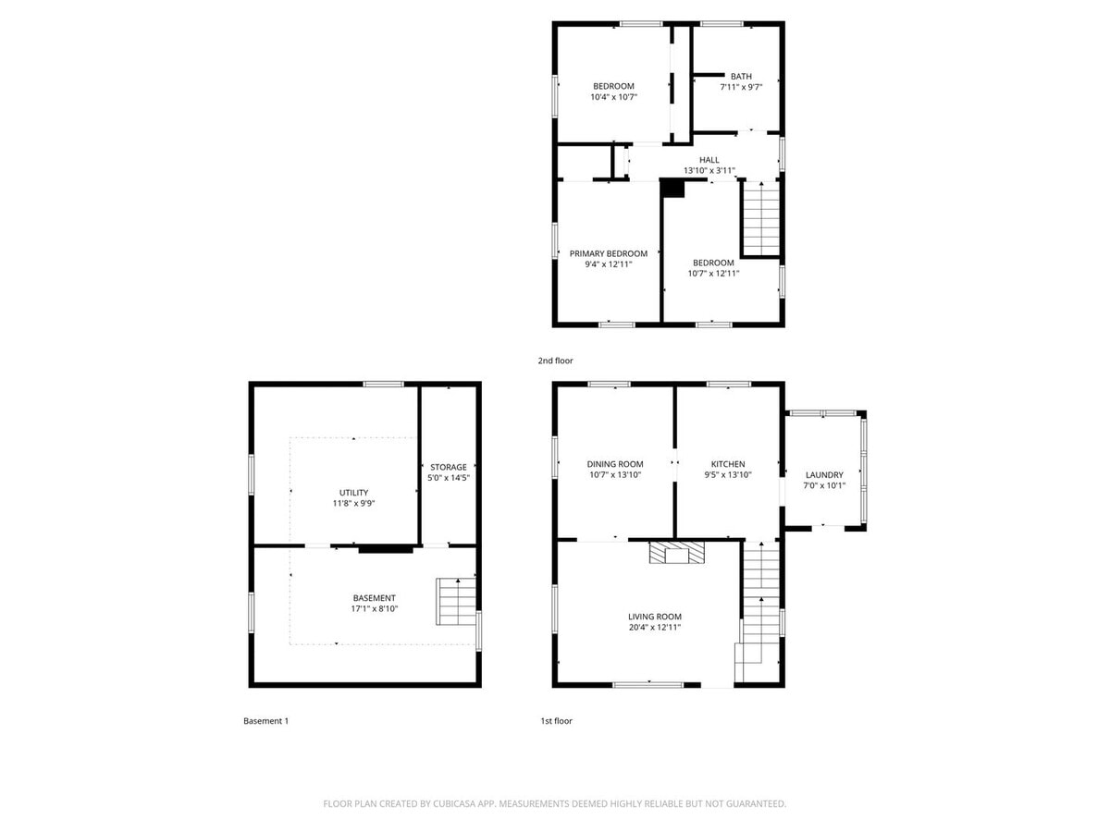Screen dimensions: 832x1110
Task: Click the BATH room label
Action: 741,77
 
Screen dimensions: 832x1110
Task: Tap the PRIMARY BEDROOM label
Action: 608,254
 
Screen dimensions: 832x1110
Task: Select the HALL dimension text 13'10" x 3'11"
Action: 709,171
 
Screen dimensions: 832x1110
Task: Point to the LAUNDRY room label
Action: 823,475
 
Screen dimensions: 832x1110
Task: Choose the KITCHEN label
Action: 727,464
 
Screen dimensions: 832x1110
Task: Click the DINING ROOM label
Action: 614,464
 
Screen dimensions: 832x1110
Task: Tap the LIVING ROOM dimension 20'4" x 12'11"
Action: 654,628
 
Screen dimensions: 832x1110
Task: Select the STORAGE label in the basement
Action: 448,467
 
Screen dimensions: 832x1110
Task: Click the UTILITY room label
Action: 353,492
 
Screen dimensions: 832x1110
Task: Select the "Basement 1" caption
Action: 265,721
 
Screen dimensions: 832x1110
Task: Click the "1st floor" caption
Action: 556,721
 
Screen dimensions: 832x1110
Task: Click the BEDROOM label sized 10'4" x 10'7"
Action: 613,86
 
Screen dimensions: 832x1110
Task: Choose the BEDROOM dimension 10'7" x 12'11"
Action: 710,274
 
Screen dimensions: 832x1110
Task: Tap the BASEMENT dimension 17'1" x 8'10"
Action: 374,609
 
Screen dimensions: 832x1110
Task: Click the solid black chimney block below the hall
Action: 672,188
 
